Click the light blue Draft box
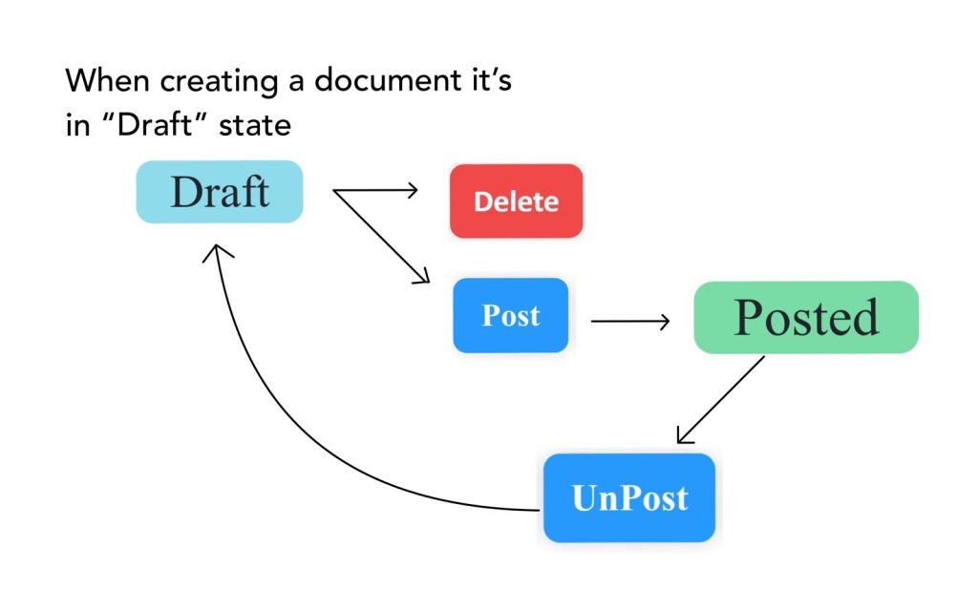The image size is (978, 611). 219,192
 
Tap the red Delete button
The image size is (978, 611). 516,200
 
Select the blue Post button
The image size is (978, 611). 510,315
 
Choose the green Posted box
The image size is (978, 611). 806,317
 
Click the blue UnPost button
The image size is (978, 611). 629,497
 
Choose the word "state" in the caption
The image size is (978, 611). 255,125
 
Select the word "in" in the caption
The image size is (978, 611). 76,125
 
